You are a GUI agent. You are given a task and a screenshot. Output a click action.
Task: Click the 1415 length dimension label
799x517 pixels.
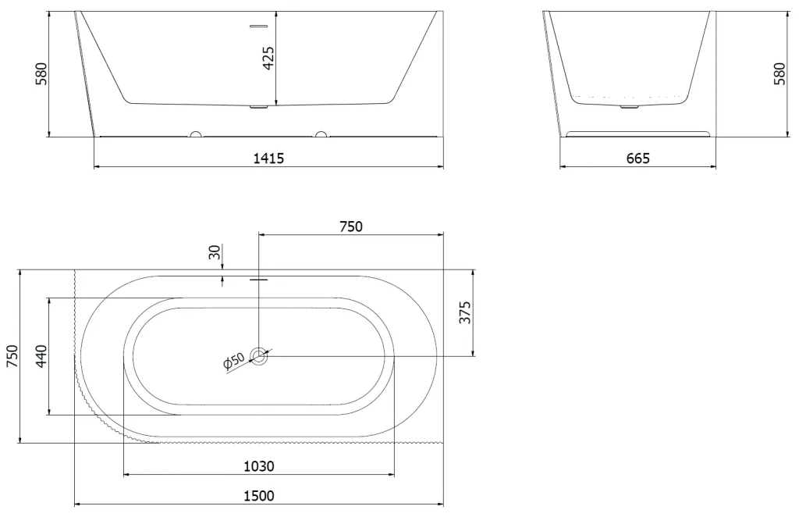click(x=268, y=158)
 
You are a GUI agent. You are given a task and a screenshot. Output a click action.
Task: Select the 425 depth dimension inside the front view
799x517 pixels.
click(x=268, y=58)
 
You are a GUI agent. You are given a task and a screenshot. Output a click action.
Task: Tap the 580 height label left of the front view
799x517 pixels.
click(x=41, y=73)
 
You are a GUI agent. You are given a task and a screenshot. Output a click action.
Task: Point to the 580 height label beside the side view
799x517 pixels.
click(x=779, y=73)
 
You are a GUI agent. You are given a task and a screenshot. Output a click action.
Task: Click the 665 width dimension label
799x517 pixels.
click(x=637, y=158)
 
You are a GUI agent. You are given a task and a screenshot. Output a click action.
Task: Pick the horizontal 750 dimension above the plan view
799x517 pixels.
click(x=351, y=226)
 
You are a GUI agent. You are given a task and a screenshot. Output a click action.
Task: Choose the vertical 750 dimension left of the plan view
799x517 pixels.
click(x=12, y=356)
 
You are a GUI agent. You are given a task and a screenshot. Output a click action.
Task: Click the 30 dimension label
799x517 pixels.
click(x=215, y=252)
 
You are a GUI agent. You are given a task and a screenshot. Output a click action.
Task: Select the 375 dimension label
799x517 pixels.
click(x=465, y=312)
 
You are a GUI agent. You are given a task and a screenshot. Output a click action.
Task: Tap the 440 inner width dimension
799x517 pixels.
click(x=41, y=356)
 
